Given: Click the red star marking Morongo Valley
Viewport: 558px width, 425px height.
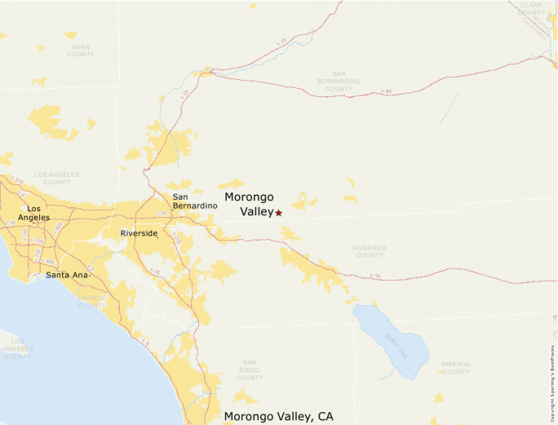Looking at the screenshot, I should pos(278,212).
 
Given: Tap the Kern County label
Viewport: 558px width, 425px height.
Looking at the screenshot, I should pos(81,51).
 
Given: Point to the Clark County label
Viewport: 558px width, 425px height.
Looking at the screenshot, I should pos(531,9).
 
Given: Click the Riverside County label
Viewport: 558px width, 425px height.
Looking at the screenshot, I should pos(370,250).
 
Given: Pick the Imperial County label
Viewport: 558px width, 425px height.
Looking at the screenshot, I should pos(456,368).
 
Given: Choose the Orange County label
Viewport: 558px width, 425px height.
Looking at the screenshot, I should pos(91,301).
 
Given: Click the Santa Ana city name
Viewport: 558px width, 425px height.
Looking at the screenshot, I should pos(66,275).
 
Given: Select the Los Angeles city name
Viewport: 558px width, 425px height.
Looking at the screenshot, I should pos(33,213).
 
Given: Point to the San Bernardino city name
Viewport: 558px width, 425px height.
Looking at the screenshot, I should pos(195,201).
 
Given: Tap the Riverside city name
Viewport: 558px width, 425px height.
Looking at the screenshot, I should pos(138,233).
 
